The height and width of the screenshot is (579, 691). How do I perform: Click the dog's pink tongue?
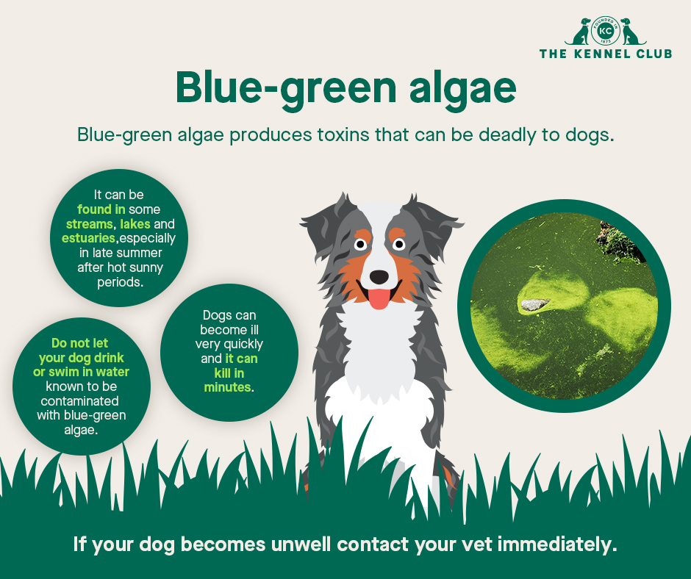379,298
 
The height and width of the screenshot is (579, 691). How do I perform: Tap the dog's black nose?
379,276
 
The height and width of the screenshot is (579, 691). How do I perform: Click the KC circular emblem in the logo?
605,32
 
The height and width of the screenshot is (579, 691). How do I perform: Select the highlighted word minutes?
227,386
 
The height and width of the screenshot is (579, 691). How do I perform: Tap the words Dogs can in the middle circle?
229,315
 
